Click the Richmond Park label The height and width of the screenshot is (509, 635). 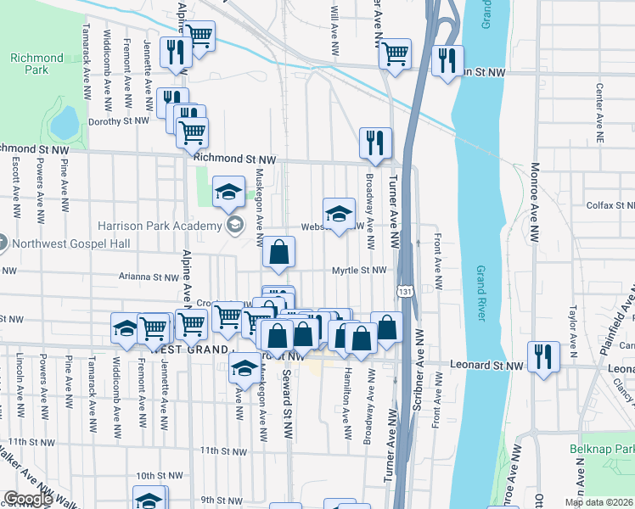click(37, 64)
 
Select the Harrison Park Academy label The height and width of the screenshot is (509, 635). click(159, 226)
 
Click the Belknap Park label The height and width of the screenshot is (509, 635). click(606, 448)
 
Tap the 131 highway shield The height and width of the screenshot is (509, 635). click(408, 291)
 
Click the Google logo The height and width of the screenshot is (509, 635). click(28, 500)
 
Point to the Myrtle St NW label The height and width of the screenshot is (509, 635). click(359, 271)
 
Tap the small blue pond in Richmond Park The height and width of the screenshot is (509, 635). click(64, 126)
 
